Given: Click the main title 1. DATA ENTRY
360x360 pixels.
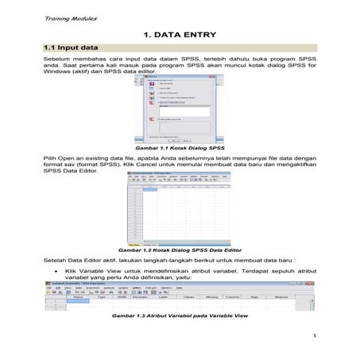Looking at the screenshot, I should (180, 35).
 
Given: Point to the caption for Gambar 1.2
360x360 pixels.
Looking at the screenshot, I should (180, 250).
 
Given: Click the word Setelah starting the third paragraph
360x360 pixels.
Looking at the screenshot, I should (56, 261).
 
